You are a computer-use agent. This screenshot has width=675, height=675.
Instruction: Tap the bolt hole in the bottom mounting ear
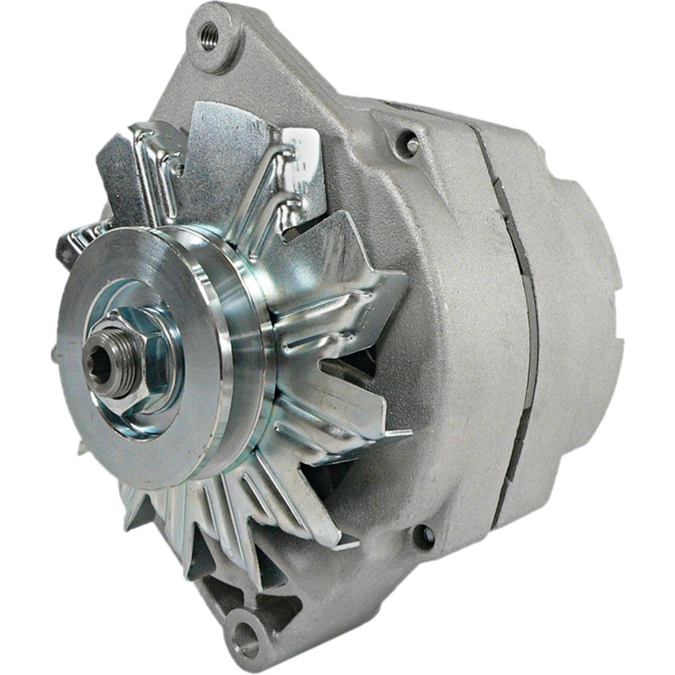coord(246,631)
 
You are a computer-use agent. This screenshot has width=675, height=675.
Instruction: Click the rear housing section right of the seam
coord(570,316)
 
